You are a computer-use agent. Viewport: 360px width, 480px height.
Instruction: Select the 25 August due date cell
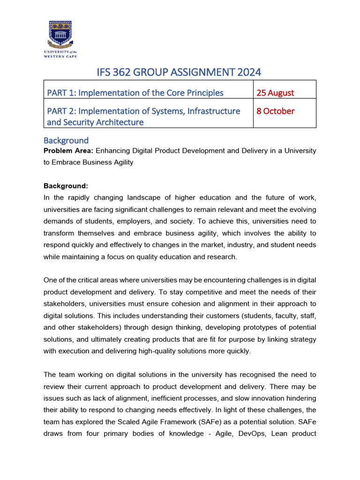(275, 92)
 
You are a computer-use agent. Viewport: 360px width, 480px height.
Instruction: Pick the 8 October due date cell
(275, 111)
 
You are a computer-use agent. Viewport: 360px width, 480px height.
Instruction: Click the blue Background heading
(66, 140)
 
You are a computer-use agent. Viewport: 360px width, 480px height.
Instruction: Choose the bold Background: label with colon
(66, 186)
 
